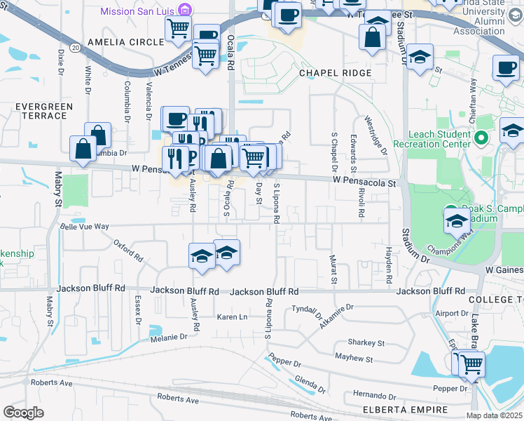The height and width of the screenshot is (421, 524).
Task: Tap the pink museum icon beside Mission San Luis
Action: pyautogui.click(x=184, y=11)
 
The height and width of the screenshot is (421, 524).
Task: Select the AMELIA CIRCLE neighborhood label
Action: pyautogui.click(x=125, y=42)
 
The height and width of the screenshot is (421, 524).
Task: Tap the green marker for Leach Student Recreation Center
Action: pyautogui.click(x=481, y=138)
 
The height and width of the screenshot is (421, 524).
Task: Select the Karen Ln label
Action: pyautogui.click(x=233, y=317)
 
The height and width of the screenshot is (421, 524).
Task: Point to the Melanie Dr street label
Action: pyautogui.click(x=168, y=338)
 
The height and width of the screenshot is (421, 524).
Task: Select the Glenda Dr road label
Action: pyautogui.click(x=310, y=384)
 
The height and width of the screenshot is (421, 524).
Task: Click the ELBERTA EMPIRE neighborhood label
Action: pyautogui.click(x=396, y=410)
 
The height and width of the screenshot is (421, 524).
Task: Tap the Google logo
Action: pyautogui.click(x=24, y=412)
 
